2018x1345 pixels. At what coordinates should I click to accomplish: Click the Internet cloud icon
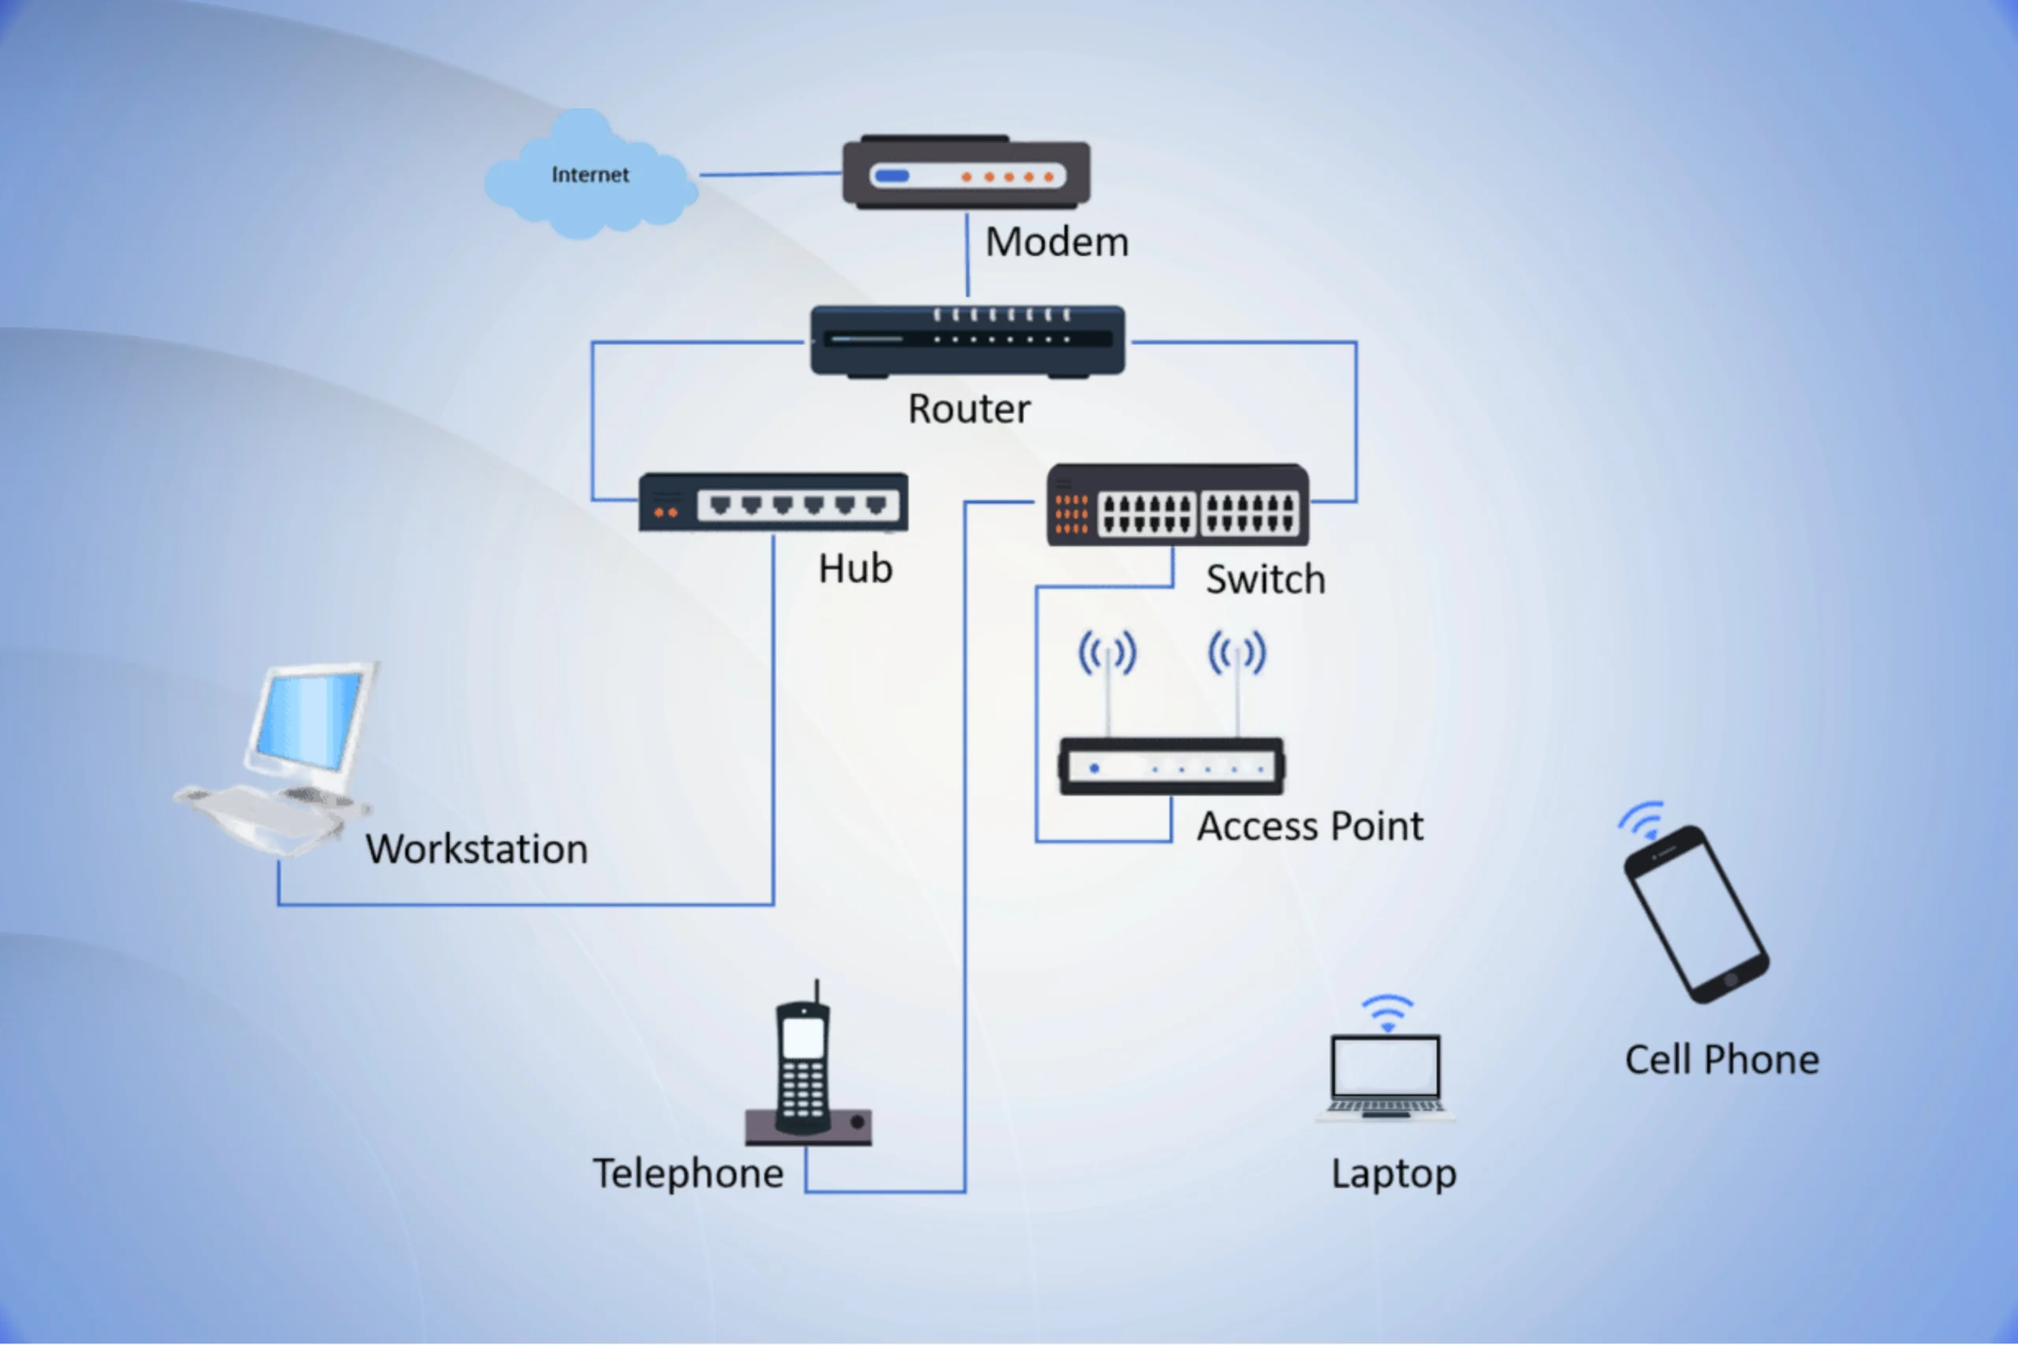click(590, 175)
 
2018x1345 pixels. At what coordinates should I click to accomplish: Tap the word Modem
click(1056, 242)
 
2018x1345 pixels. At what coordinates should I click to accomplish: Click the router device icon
click(967, 341)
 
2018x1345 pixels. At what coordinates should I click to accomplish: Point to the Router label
click(969, 408)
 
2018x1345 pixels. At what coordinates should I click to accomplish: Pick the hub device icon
click(773, 503)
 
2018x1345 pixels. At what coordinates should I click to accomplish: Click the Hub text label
click(855, 568)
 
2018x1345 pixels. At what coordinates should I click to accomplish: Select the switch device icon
click(1178, 506)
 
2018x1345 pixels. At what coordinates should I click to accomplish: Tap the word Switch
click(1265, 579)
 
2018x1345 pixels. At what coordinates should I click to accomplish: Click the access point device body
click(1171, 766)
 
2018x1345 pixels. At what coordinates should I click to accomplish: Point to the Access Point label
click(1309, 827)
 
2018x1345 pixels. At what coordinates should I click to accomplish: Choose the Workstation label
click(477, 849)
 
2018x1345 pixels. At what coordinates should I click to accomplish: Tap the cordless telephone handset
click(802, 1068)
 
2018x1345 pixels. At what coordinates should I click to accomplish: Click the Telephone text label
click(688, 1173)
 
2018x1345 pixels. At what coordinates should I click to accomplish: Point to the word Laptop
click(1393, 1174)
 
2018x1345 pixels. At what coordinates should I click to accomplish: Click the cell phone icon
click(1696, 914)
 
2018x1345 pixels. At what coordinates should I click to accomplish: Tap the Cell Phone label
click(1722, 1060)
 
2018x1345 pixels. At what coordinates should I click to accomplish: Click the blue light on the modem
click(892, 177)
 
